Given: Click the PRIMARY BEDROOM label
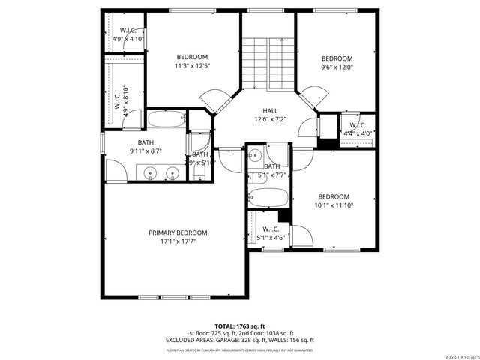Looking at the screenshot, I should point(178,232).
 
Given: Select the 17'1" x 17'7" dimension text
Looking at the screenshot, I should point(178,241).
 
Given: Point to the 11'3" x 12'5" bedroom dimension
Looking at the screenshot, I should point(192,66).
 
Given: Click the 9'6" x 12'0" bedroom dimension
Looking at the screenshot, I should point(337,67).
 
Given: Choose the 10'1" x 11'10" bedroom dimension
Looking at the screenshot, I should point(334,205).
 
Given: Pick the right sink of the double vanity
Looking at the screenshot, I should point(172,173).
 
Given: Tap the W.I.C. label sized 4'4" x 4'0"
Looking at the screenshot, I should point(357,124).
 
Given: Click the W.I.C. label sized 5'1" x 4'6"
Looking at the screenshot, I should point(271,229).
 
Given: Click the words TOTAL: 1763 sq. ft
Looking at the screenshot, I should point(240,325).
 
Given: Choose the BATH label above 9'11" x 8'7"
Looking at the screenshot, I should point(145,142).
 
